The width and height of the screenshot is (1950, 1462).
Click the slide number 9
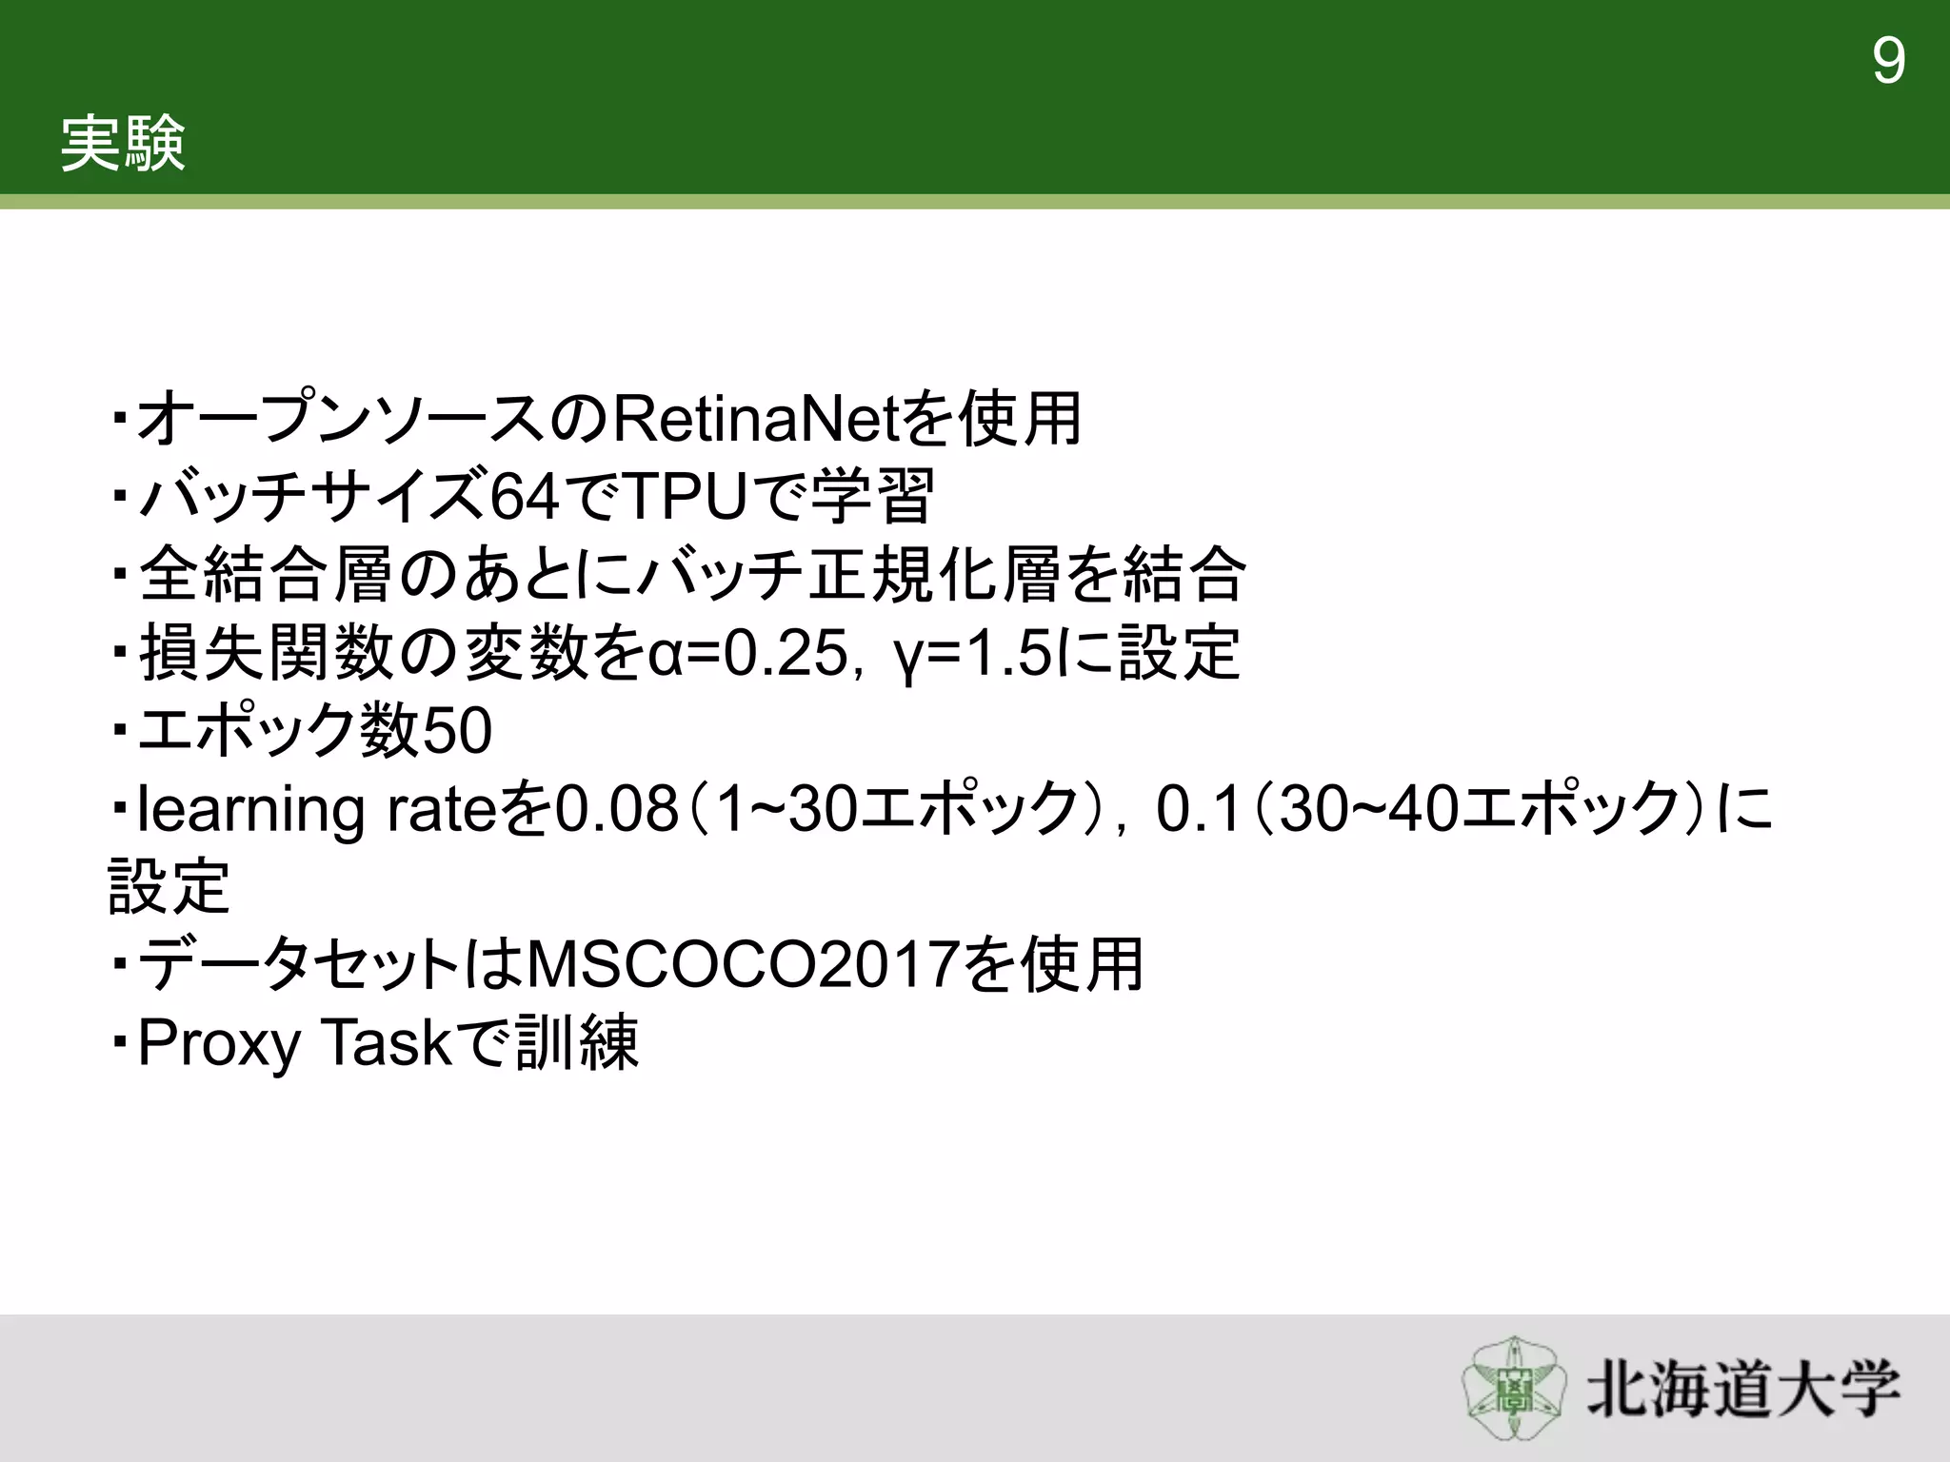click(x=1888, y=62)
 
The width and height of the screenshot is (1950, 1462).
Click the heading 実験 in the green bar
click(x=123, y=145)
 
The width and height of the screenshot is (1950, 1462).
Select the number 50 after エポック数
click(x=456, y=731)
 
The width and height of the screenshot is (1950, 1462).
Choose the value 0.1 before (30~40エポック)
click(x=1200, y=809)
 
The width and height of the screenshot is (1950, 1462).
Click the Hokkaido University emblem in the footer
click(x=1513, y=1389)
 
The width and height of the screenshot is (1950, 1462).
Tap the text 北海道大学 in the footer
click(x=1742, y=1390)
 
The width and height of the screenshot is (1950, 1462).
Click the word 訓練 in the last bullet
click(x=576, y=1043)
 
